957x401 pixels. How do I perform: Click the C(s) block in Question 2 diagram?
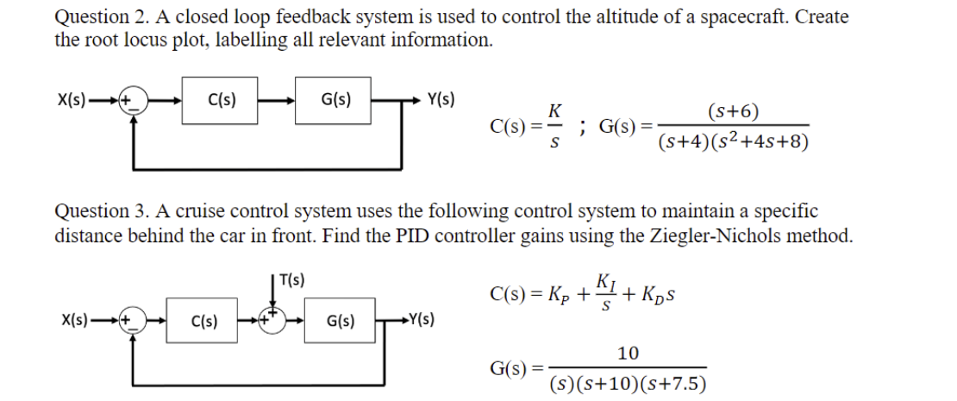tap(218, 99)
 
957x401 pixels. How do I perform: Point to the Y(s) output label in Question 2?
tap(441, 98)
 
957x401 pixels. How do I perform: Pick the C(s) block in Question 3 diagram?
tap(203, 323)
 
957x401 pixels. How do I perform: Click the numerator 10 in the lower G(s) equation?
tap(629, 353)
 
